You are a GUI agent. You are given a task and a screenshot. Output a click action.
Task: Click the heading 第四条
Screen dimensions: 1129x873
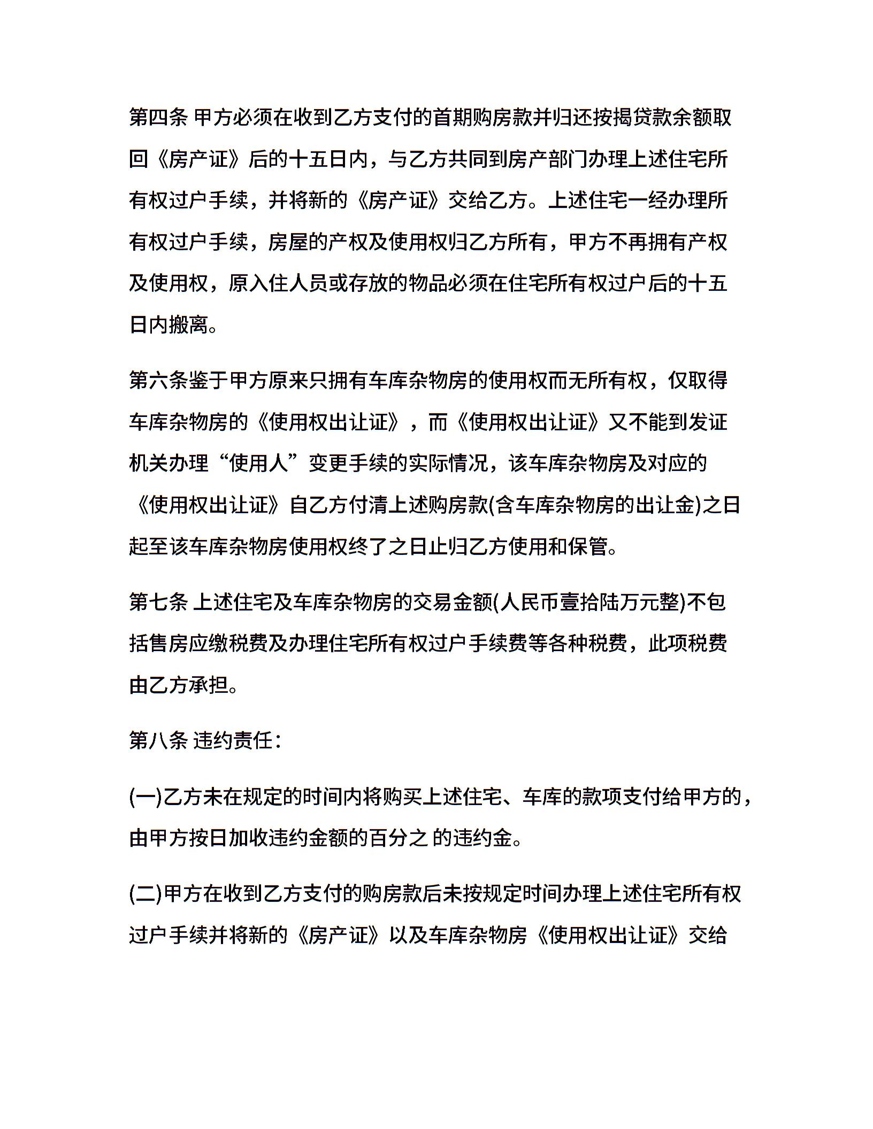coord(158,117)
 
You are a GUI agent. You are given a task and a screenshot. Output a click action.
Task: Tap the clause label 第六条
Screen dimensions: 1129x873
coord(158,381)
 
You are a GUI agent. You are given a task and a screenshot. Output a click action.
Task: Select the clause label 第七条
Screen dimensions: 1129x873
coord(158,602)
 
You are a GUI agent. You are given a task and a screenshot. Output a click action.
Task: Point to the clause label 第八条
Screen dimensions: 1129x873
coord(158,740)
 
